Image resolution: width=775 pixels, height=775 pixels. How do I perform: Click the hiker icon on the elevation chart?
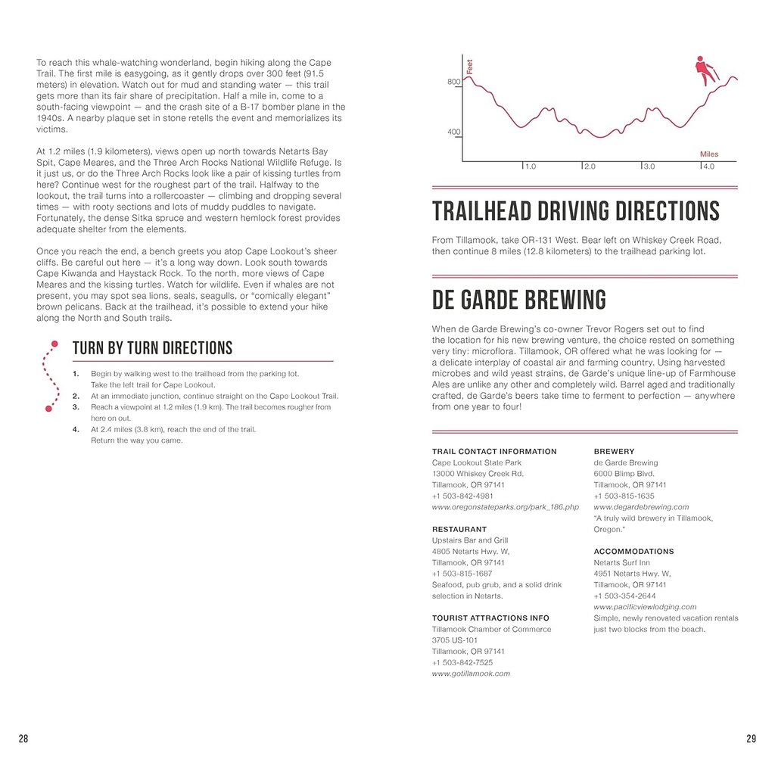(704, 70)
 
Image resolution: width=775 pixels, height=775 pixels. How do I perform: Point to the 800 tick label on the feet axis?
(453, 82)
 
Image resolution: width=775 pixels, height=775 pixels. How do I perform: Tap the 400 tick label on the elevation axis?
(453, 132)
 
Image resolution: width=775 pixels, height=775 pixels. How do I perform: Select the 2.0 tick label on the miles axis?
(590, 167)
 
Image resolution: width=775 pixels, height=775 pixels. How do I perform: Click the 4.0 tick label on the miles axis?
(708, 167)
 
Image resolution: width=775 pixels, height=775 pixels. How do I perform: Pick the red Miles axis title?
(708, 154)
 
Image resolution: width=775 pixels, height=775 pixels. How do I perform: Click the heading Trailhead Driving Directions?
(575, 211)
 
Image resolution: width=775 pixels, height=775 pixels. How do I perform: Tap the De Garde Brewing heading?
(518, 300)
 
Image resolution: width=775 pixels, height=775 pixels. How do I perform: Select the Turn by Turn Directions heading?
(152, 348)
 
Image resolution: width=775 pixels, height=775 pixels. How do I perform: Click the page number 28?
(23, 739)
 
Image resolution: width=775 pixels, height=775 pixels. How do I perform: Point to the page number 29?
(751, 739)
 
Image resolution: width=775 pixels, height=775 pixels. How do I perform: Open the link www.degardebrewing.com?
(641, 507)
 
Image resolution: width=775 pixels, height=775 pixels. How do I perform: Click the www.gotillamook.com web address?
(471, 674)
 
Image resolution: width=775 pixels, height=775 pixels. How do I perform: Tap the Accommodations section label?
(633, 552)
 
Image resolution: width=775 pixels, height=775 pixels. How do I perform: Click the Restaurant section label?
(459, 530)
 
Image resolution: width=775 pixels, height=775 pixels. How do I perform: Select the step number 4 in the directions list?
(76, 429)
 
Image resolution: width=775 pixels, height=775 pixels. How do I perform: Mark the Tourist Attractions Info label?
(491, 618)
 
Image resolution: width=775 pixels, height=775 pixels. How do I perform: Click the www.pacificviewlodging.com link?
(645, 607)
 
